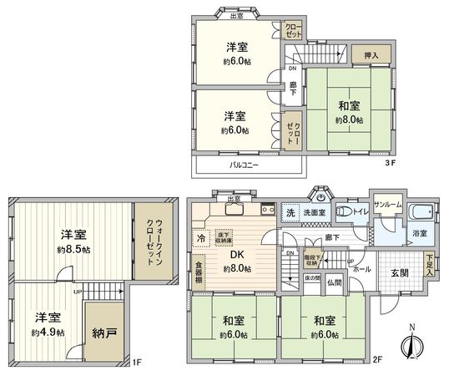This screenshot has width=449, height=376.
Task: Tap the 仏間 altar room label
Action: (335, 283)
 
